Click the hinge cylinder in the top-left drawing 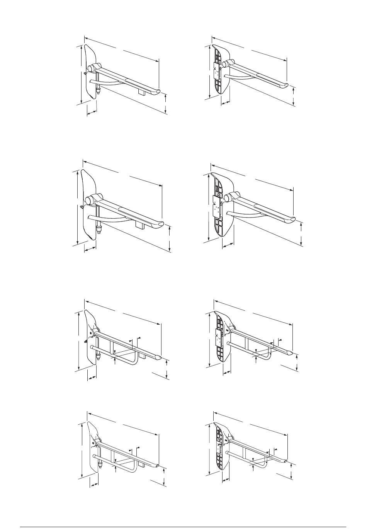point(93,68)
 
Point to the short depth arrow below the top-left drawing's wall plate point(92,112)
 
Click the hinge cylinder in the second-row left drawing point(90,200)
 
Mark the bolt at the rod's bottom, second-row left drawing point(99,230)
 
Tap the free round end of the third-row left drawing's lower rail point(93,348)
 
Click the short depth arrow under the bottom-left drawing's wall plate point(93,483)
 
